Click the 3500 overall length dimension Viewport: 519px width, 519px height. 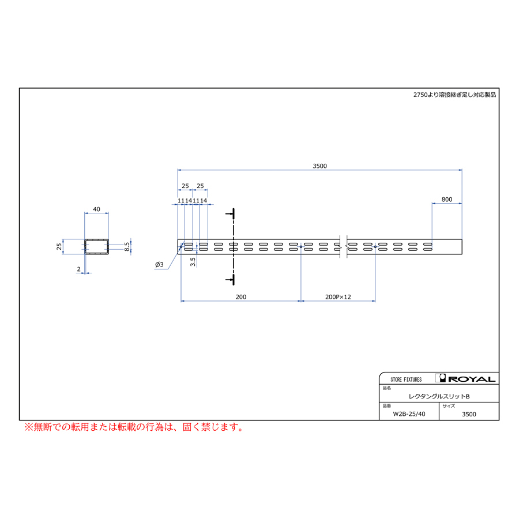(x=319, y=166)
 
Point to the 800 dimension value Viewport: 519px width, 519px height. (x=446, y=200)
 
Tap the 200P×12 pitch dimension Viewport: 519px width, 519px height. (x=338, y=297)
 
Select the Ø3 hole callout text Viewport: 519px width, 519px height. (x=159, y=265)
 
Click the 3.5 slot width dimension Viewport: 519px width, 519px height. (x=193, y=262)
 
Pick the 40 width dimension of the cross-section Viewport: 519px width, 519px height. (x=96, y=209)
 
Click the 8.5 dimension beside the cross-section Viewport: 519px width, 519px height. (x=127, y=247)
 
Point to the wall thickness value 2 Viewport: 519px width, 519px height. (x=79, y=269)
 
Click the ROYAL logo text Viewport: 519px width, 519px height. (x=472, y=379)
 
